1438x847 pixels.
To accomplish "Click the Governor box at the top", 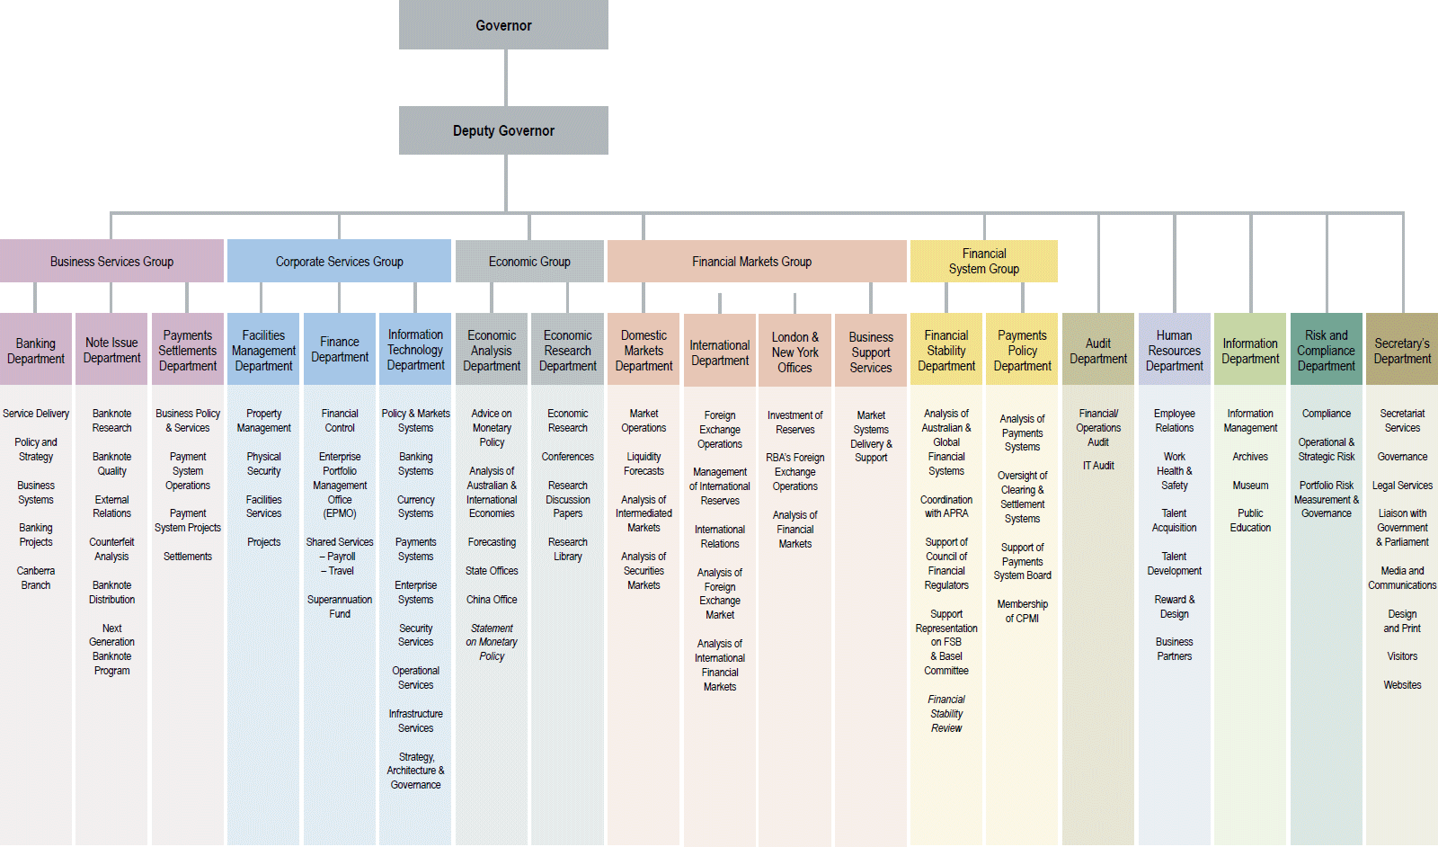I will pyautogui.click(x=503, y=25).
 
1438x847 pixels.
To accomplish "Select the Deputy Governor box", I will pyautogui.click(x=503, y=130).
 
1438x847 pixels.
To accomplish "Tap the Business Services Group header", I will pyautogui.click(x=111, y=262).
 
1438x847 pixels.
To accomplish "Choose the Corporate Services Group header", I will pyautogui.click(x=339, y=262).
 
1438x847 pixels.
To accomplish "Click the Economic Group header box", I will pyautogui.click(x=529, y=262).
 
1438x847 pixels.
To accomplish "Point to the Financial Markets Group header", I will pyautogui.click(x=751, y=262).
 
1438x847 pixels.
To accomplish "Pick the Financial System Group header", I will pyautogui.click(x=984, y=261).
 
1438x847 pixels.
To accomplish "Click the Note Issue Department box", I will pyautogui.click(x=111, y=350).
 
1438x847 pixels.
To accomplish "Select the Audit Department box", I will pyautogui.click(x=1098, y=351).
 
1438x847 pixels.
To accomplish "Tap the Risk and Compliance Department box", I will pyautogui.click(x=1327, y=351).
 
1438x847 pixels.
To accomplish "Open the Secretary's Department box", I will pyautogui.click(x=1402, y=351).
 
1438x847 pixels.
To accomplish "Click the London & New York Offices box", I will pyautogui.click(x=795, y=352).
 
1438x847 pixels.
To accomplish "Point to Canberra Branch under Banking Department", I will pyautogui.click(x=36, y=578).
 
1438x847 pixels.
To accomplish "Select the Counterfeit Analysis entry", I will pyautogui.click(x=111, y=549).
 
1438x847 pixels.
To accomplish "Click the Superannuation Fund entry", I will pyautogui.click(x=340, y=607).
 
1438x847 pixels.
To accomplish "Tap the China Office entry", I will pyautogui.click(x=492, y=600).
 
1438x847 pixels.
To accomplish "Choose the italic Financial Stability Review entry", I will pyautogui.click(x=946, y=714).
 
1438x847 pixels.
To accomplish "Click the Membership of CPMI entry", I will pyautogui.click(x=1022, y=611).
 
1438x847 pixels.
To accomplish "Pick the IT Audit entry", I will pyautogui.click(x=1098, y=466).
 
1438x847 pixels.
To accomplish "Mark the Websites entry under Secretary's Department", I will pyautogui.click(x=1402, y=685).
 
